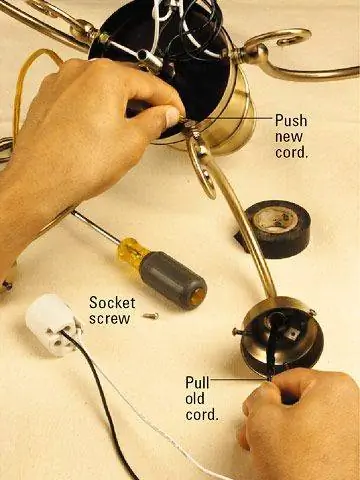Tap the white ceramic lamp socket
(53, 324)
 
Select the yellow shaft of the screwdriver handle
(131, 248)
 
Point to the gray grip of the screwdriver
(173, 279)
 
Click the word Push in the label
(291, 121)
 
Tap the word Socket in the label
(112, 303)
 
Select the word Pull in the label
(197, 383)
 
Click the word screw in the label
(109, 319)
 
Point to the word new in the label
(289, 137)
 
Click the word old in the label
(195, 399)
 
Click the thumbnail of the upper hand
(173, 116)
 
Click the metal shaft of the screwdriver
(95, 225)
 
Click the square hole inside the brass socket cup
(292, 332)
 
